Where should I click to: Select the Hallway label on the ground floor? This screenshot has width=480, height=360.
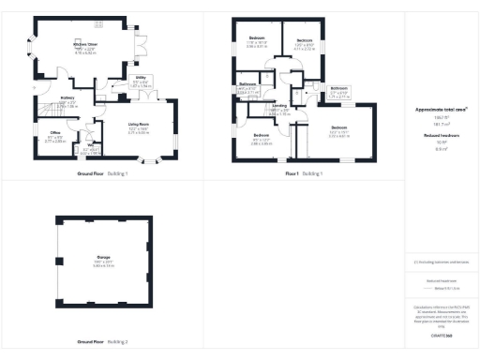click(68, 98)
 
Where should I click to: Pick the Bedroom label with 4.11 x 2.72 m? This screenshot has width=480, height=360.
click(305, 40)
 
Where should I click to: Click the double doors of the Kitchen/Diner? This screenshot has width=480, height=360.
click(141, 44)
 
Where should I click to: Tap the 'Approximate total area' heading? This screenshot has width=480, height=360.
click(440, 109)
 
